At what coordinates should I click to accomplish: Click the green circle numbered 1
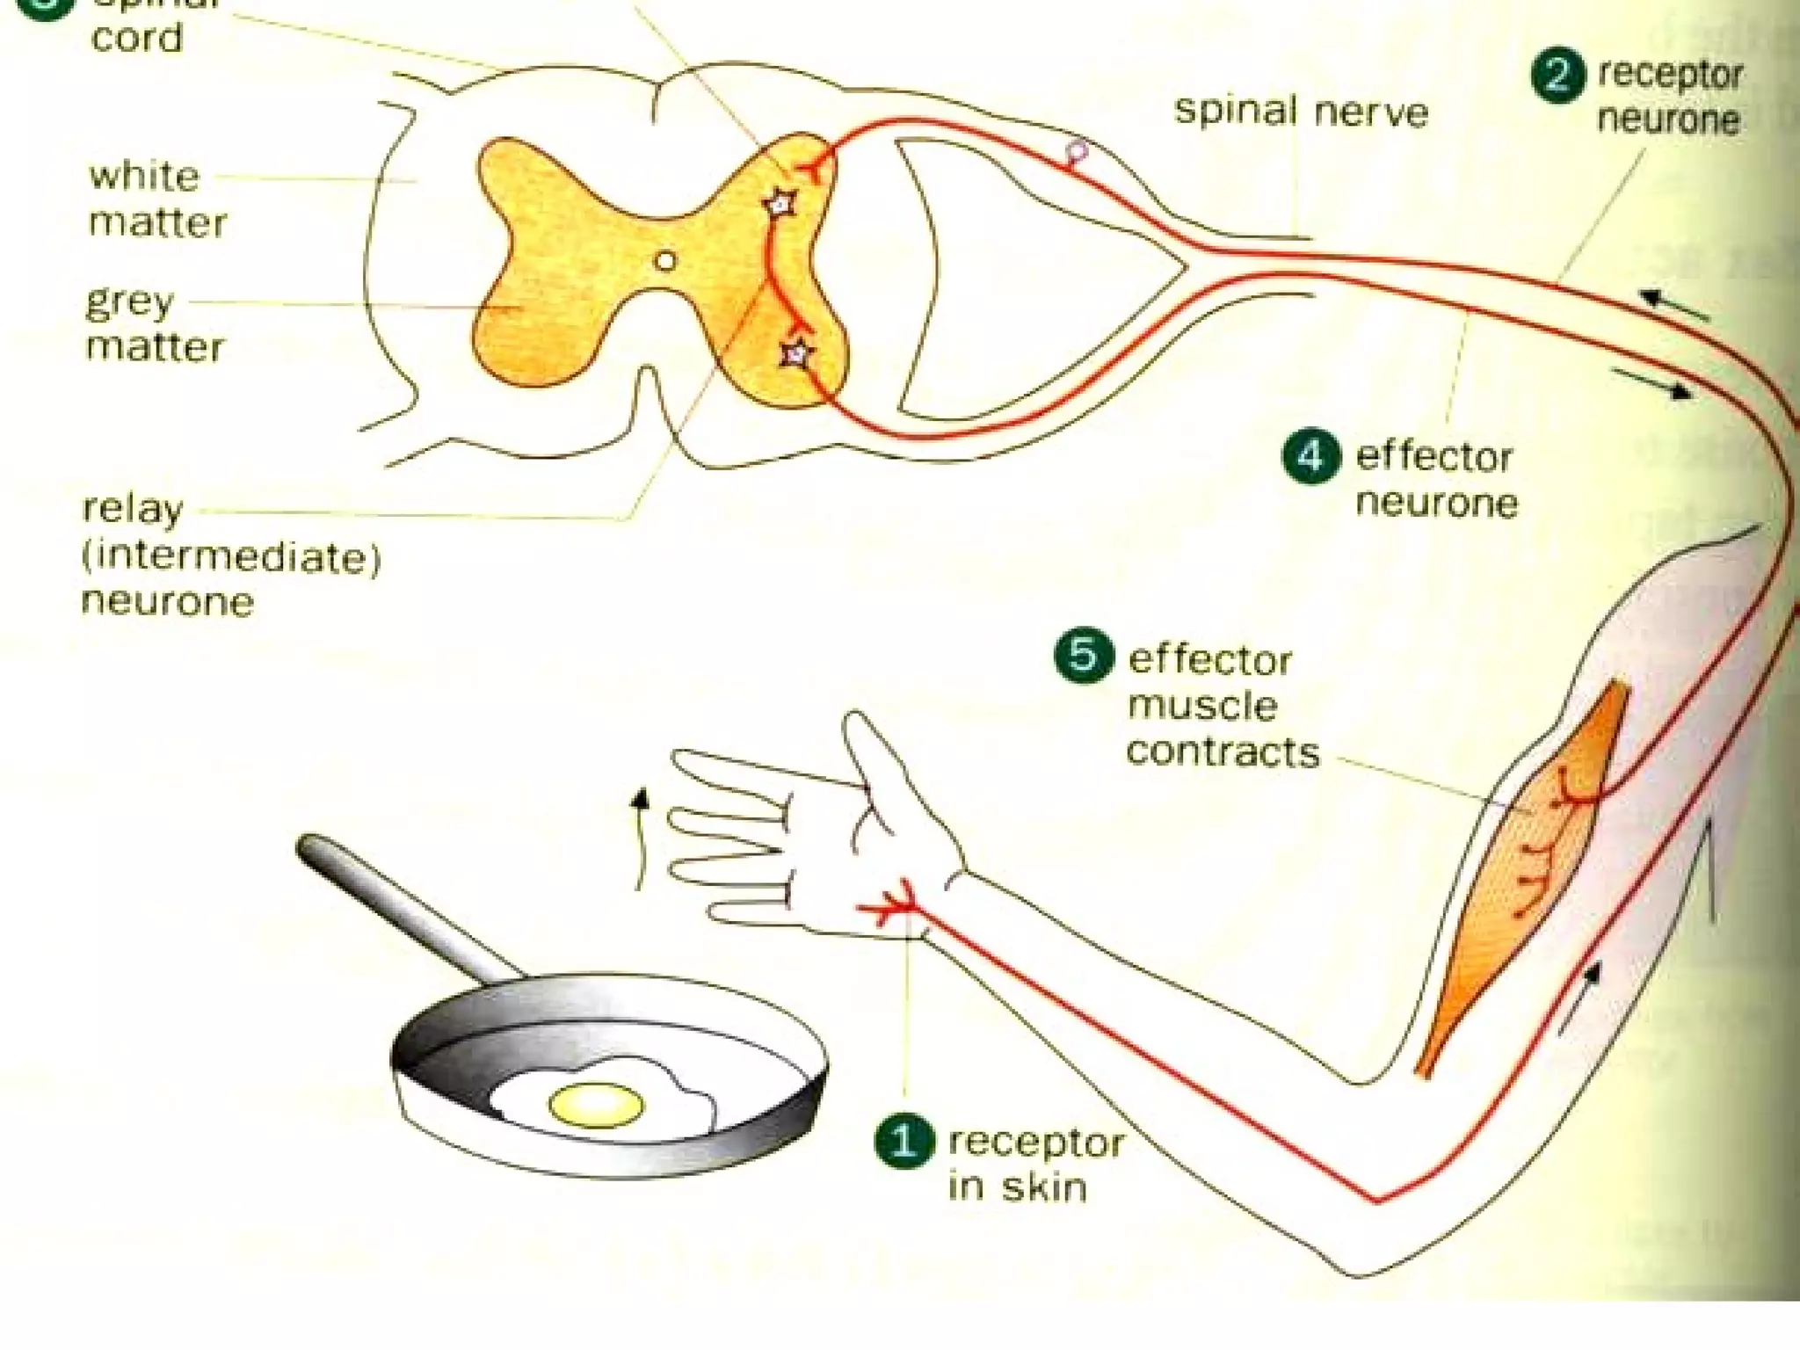point(904,1142)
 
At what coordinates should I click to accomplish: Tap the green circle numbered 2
point(1558,76)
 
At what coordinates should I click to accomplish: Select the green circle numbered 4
point(1311,457)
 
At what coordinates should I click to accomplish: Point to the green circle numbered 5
point(1083,656)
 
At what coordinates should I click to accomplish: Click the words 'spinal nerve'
point(1301,112)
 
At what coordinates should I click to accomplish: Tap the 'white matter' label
point(156,200)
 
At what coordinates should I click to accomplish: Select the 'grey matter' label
point(154,324)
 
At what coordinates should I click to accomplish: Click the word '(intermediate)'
point(231,556)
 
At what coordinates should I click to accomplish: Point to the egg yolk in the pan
point(596,1105)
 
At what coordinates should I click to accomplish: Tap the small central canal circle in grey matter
point(665,261)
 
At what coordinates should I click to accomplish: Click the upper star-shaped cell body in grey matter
point(779,205)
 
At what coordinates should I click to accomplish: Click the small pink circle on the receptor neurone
point(1077,151)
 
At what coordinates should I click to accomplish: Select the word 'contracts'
point(1223,752)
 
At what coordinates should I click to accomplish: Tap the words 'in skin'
point(1017,1187)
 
